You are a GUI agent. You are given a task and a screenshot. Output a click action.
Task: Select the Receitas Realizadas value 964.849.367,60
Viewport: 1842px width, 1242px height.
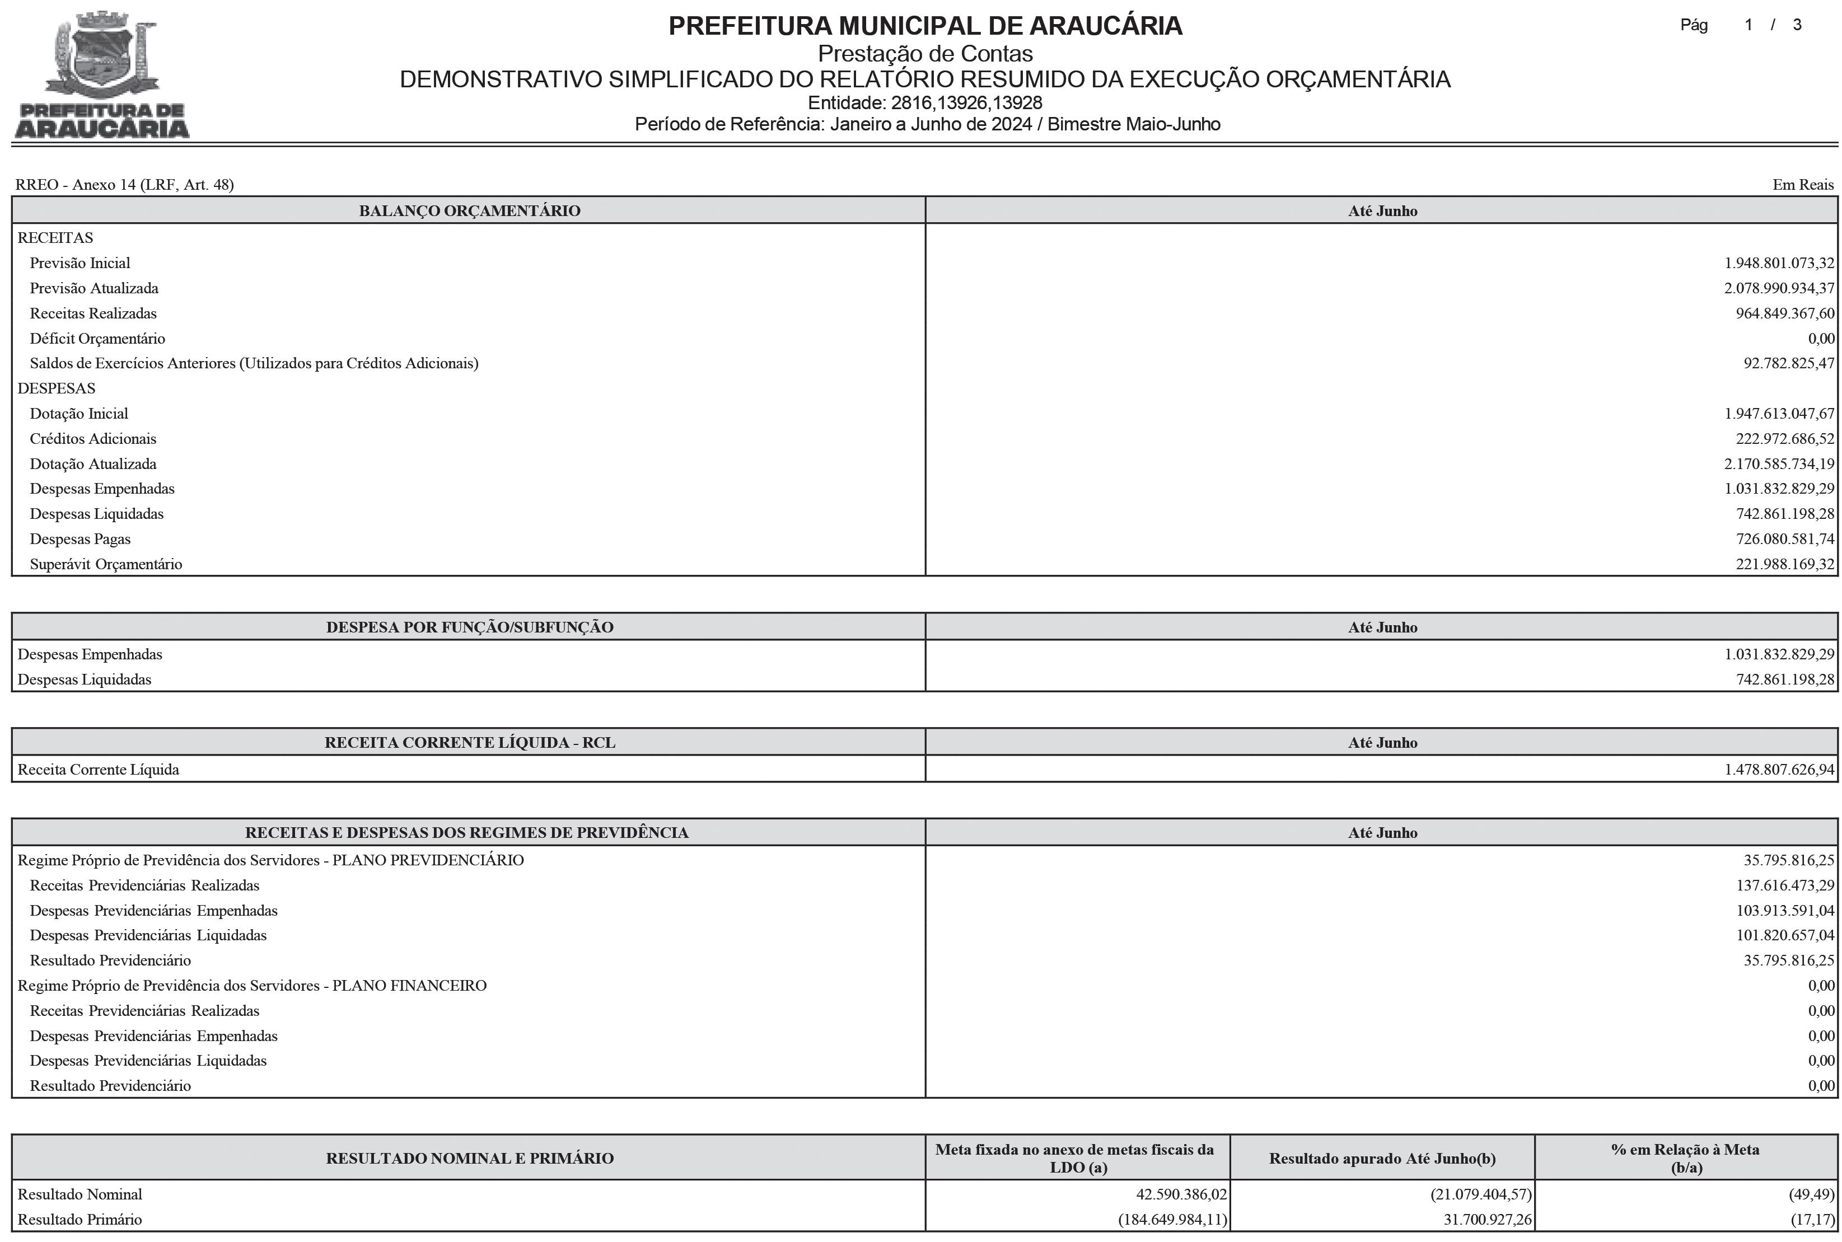point(1784,313)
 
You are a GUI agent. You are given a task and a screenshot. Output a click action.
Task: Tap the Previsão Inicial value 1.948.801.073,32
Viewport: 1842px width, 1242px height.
point(1779,263)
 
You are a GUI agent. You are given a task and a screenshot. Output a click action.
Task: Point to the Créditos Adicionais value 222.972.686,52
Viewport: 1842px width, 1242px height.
point(1784,439)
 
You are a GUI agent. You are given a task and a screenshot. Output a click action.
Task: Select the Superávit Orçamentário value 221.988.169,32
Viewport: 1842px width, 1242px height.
point(1784,565)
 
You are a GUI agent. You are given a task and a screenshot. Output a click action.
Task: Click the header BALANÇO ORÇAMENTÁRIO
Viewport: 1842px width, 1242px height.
point(469,210)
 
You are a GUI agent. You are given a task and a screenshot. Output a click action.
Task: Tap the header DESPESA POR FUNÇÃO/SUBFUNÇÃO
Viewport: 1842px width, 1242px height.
point(469,627)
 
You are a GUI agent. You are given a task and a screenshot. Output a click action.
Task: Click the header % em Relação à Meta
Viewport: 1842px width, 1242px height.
point(1685,1158)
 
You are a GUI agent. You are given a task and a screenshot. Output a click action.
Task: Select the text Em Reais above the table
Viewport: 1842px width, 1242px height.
point(1802,185)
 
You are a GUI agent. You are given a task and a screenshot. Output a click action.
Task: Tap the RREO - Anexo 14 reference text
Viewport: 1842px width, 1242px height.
point(124,185)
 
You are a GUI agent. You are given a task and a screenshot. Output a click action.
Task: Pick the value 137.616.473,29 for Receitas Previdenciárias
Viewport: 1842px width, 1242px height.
point(1784,885)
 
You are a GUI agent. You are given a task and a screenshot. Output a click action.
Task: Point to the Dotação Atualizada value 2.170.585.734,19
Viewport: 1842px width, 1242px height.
point(1779,464)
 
